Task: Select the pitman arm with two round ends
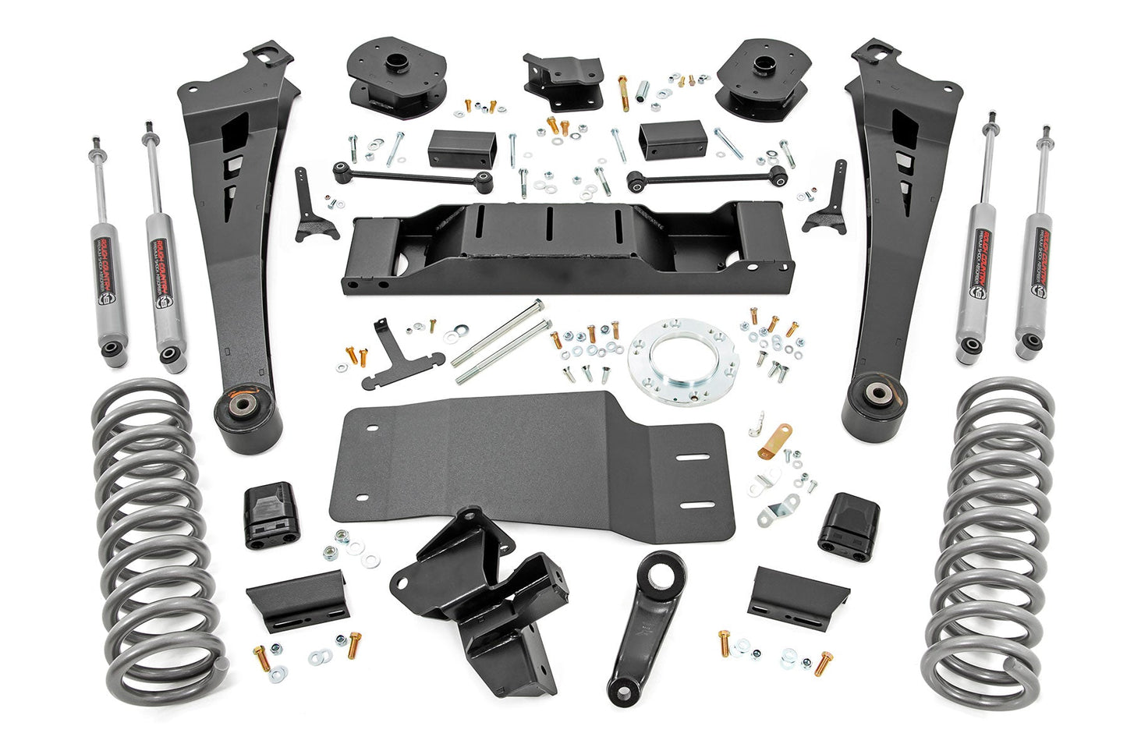(644, 616)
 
